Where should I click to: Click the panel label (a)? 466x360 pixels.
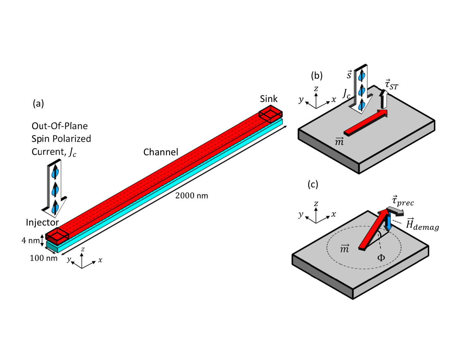click(38, 103)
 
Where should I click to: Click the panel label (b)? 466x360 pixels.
click(317, 76)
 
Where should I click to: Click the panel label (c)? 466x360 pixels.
click(313, 184)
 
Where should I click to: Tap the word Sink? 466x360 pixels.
click(269, 99)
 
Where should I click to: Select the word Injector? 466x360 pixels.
click(42, 222)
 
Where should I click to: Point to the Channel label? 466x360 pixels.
click(161, 152)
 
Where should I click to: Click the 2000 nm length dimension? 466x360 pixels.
click(191, 196)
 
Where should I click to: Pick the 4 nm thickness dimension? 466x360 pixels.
click(30, 240)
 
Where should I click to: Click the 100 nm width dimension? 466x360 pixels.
click(43, 258)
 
